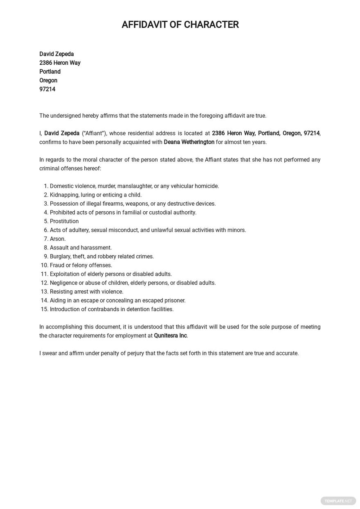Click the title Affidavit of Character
[180, 25]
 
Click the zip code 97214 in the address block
[47, 89]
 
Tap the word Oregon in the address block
[48, 80]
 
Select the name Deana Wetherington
[189, 142]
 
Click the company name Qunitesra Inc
[170, 336]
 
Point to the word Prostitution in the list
[64, 222]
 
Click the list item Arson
[58, 239]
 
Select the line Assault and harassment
[81, 248]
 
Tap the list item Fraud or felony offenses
[81, 265]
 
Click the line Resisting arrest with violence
[86, 292]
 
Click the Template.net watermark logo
[338, 501]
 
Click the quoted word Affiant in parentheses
[94, 133]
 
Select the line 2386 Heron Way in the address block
[60, 63]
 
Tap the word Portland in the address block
[50, 72]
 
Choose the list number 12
[44, 283]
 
